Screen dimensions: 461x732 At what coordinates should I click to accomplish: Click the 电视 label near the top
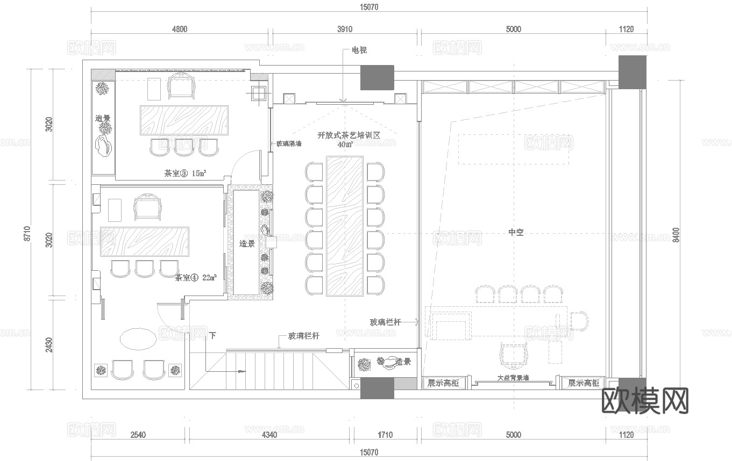pos(359,50)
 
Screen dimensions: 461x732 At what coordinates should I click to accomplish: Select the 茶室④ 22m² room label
pos(196,278)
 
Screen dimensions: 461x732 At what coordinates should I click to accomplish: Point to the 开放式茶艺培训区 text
pos(349,135)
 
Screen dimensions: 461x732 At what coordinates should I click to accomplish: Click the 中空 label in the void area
pos(516,232)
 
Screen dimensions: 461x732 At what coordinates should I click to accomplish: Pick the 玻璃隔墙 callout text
pos(289,143)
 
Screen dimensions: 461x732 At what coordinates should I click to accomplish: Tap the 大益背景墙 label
pos(513,378)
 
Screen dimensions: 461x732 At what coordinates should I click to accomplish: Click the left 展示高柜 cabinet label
pos(443,383)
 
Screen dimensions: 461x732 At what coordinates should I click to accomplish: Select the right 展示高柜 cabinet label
pos(583,383)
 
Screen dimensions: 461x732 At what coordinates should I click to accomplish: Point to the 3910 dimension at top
pos(344,29)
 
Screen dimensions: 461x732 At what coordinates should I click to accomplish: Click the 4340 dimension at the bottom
pos(269,435)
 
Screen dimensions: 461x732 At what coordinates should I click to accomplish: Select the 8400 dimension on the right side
pos(676,235)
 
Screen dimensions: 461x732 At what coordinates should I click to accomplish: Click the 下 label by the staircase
pos(212,336)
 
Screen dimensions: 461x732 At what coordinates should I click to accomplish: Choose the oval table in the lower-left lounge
pos(138,339)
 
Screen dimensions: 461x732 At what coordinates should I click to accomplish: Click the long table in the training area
pos(345,226)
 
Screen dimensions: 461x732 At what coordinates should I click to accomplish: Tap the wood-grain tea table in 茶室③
pos(184,120)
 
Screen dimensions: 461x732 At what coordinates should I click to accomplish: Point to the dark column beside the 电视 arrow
pos(377,77)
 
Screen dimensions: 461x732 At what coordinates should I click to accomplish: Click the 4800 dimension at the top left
pos(180,29)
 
